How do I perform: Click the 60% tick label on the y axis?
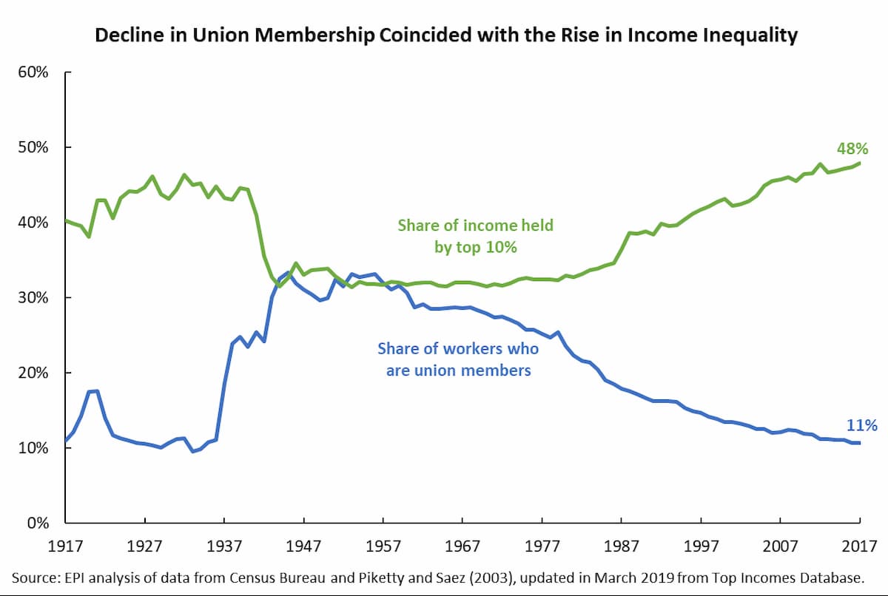click(x=34, y=72)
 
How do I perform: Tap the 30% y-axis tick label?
click(x=34, y=297)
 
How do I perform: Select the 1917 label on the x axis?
click(x=66, y=546)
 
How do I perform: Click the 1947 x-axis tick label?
click(x=304, y=546)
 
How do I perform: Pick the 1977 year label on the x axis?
click(x=542, y=546)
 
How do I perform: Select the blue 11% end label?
click(x=861, y=425)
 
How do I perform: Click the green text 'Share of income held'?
click(x=475, y=226)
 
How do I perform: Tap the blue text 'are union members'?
click(x=458, y=370)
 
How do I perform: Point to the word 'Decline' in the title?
click(x=122, y=35)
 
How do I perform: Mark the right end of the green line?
click(x=860, y=163)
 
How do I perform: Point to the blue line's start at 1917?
click(x=66, y=441)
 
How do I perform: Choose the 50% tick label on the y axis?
click(x=34, y=147)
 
